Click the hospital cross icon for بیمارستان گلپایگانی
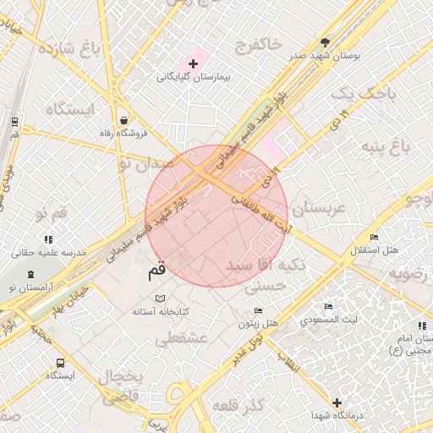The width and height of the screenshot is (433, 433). click(x=193, y=63)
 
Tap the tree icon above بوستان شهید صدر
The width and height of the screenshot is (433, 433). click(x=325, y=41)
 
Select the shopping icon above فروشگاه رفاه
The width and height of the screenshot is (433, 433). click(x=124, y=120)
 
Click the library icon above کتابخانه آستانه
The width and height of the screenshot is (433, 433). click(x=161, y=299)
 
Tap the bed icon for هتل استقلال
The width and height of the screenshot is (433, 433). click(x=375, y=237)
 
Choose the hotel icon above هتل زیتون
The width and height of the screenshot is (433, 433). click(x=259, y=310)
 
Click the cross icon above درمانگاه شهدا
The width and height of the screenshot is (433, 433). click(x=337, y=403)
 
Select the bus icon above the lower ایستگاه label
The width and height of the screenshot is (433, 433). click(x=59, y=363)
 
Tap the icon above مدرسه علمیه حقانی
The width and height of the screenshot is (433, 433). click(x=43, y=240)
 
